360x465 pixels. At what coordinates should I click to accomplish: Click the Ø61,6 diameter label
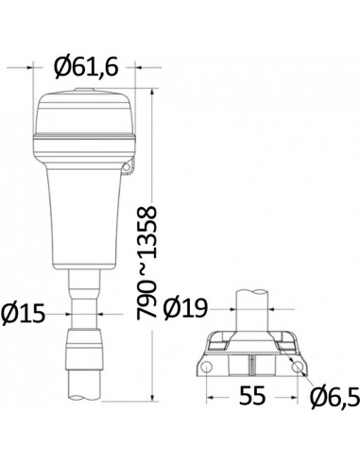tap(86, 67)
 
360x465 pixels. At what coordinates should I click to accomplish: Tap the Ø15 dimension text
tap(23, 314)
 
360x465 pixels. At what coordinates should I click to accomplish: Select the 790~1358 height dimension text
tap(146, 263)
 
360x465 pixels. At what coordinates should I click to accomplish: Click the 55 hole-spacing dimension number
tap(252, 396)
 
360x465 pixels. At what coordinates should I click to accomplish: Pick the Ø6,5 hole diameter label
tap(334, 397)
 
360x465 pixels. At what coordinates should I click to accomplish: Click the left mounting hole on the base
tap(206, 367)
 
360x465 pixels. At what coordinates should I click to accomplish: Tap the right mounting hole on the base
tap(297, 367)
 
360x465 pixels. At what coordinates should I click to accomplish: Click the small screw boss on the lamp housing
tap(127, 167)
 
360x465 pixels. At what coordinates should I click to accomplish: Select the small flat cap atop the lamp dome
tap(84, 90)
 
